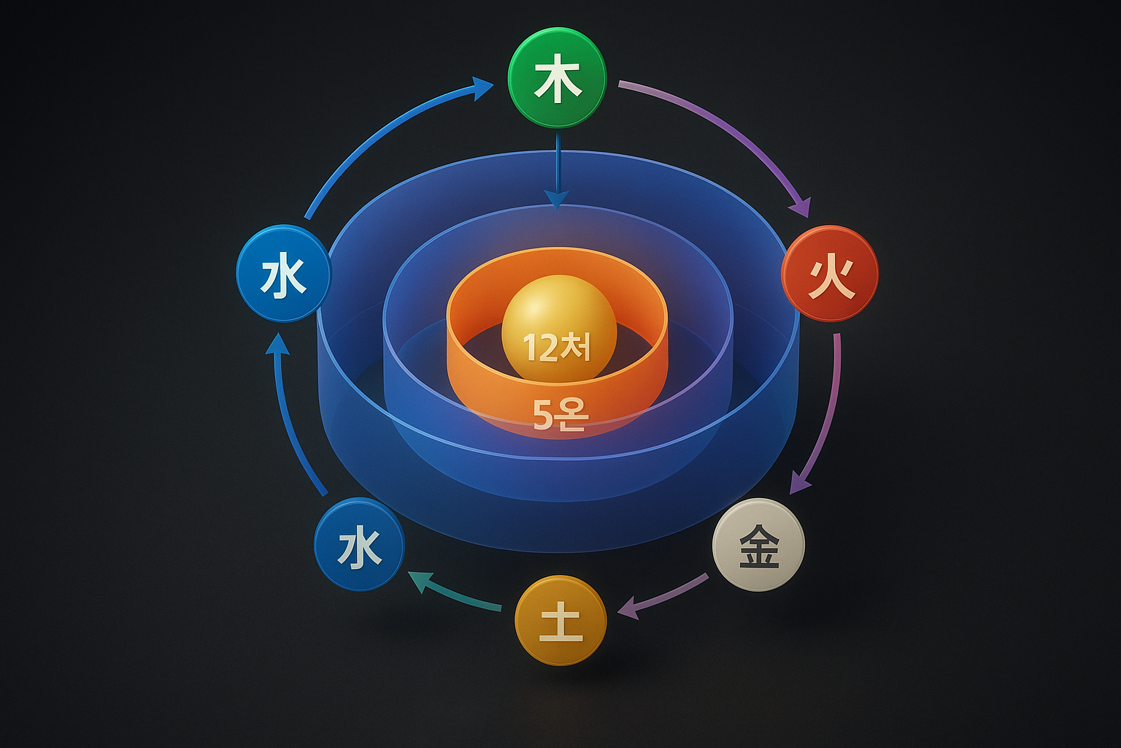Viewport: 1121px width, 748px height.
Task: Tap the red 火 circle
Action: tap(830, 274)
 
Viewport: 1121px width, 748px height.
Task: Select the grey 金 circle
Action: tap(758, 544)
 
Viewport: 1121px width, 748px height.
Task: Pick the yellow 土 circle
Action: tap(560, 620)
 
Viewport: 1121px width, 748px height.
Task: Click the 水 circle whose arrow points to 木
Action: tap(284, 274)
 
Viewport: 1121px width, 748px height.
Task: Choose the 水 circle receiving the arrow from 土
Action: tap(359, 544)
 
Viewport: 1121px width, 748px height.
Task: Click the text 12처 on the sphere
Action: tap(557, 348)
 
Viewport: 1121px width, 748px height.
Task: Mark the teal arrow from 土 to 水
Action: tap(452, 592)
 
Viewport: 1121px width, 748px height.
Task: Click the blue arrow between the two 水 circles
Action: tap(288, 416)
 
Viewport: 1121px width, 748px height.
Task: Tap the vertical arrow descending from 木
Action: tap(557, 168)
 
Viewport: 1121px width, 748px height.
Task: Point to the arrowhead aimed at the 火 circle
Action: tap(802, 206)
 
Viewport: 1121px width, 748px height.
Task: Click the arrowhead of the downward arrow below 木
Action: tap(557, 199)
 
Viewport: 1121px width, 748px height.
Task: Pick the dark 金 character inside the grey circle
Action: tap(759, 546)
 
